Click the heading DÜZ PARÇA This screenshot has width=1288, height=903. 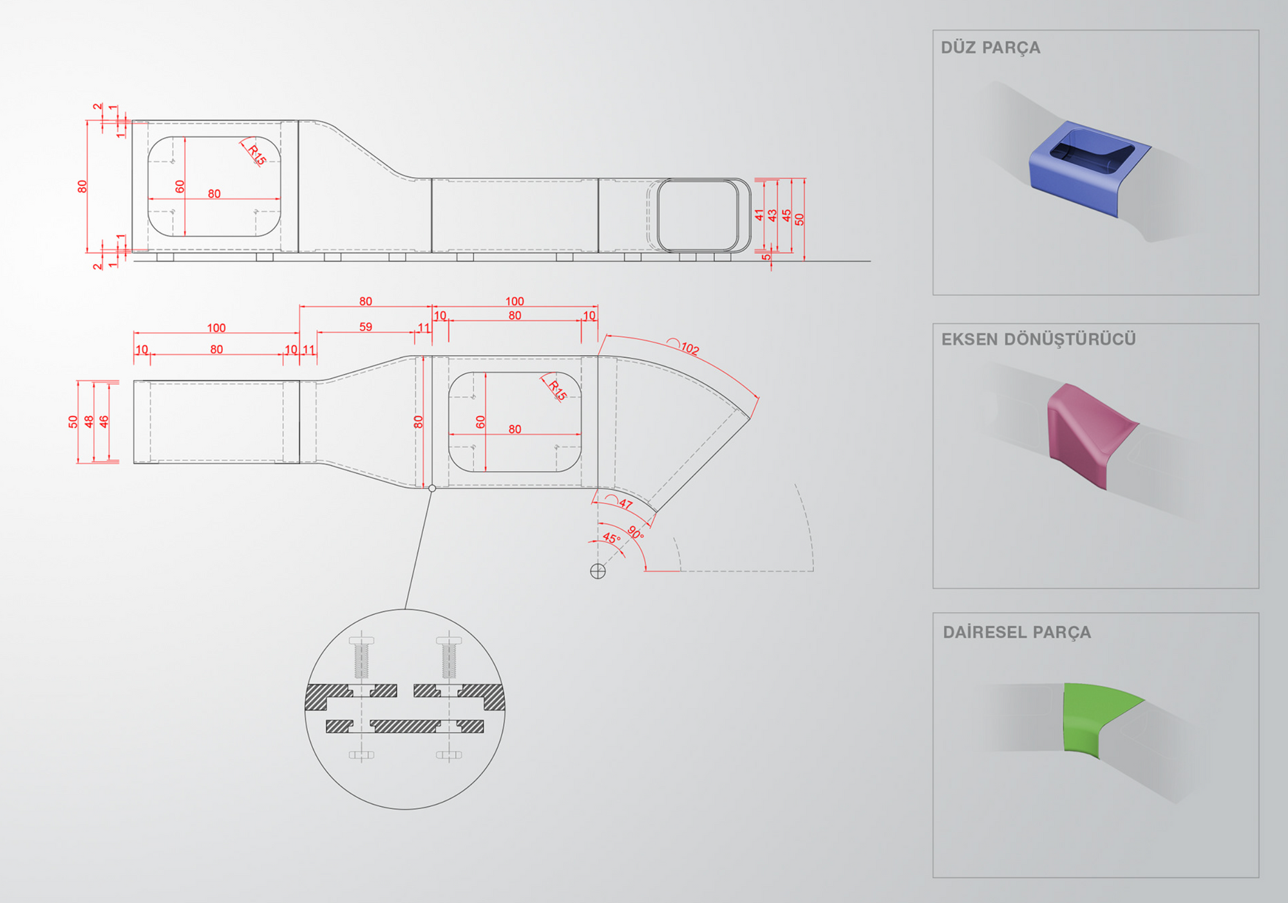(990, 48)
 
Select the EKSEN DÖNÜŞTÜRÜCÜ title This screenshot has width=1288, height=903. (1038, 339)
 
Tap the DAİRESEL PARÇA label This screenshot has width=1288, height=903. (1017, 632)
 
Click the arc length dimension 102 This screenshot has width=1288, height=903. (690, 348)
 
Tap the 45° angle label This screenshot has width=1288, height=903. (611, 538)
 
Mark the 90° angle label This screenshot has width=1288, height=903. (636, 533)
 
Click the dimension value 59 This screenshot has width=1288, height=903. (366, 327)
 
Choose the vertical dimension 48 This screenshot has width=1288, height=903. (89, 421)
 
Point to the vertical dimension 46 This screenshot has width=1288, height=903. (104, 421)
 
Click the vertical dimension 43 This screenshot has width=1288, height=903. (772, 216)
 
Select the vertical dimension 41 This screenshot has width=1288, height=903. (759, 215)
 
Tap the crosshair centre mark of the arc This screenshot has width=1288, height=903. (598, 571)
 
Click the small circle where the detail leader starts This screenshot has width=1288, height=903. (432, 488)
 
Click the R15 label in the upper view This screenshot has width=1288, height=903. (256, 155)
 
